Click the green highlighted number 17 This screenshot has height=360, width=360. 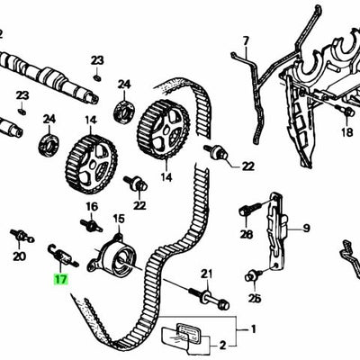pos(60,280)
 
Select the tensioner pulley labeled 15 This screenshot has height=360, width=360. pos(111,260)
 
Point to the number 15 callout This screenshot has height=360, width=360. pos(118,219)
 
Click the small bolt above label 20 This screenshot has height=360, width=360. pos(18,238)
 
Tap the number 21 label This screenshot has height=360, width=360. pos(206,273)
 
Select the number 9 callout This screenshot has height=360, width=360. pos(304,228)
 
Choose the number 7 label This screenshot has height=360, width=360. pos(244,40)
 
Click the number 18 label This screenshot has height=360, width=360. pos(347,133)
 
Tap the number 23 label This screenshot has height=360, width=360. pos(97,60)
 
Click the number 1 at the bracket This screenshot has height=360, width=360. pos(253,328)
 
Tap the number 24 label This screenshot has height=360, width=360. pos(49,119)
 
